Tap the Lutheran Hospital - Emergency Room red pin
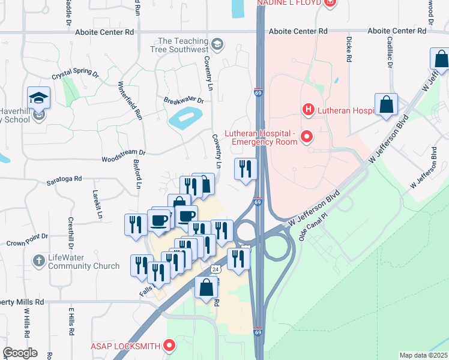pos(307,137)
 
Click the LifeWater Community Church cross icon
pos(38,261)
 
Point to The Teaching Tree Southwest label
pos(183,44)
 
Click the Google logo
pos(20,353)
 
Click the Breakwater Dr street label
pos(184,100)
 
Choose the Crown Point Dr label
pos(26,244)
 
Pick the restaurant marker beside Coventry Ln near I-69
pos(246,169)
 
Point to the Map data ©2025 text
pos(423,355)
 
